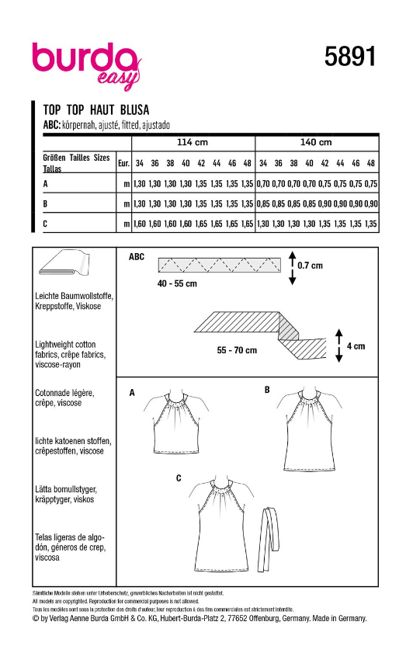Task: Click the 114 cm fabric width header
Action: tap(193, 142)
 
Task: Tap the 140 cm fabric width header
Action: tap(316, 142)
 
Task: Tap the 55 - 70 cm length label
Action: tap(238, 350)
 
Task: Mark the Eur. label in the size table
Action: tap(123, 164)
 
